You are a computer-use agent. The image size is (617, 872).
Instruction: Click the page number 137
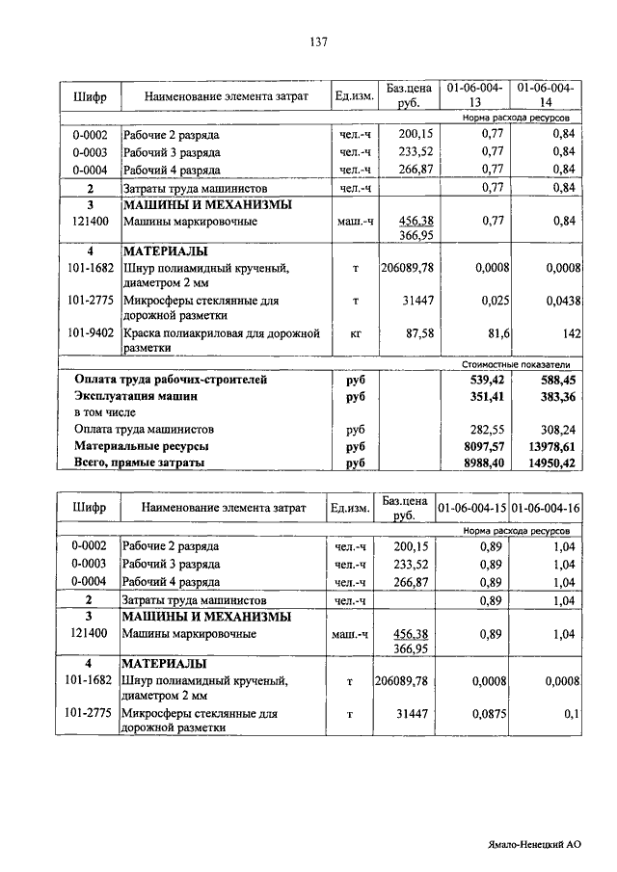319,41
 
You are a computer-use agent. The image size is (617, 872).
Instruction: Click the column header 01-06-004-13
473,95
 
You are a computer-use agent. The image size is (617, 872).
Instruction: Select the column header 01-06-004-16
545,508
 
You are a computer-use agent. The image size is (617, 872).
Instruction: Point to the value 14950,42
551,463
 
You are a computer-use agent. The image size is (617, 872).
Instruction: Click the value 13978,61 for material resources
551,446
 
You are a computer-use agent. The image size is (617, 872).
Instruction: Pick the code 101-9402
91,333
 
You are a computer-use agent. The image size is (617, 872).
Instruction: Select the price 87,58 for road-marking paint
415,333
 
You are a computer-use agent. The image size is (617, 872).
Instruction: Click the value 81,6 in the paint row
490,333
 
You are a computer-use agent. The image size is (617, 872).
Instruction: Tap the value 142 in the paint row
567,333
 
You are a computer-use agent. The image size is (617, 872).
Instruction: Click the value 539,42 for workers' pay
486,380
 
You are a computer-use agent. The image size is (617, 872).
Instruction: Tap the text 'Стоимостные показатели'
516,365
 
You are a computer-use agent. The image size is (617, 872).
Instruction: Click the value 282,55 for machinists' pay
486,430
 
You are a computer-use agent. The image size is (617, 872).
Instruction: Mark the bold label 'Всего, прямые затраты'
139,463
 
